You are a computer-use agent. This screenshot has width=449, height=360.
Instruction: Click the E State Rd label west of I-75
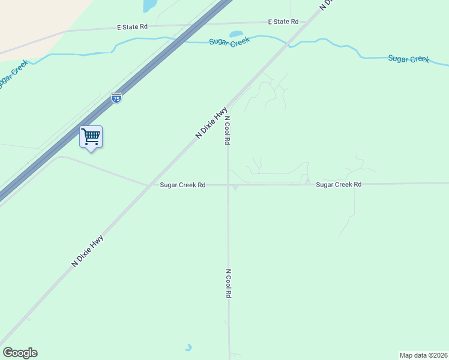click(x=132, y=27)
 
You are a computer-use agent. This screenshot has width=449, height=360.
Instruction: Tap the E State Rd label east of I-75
click(x=283, y=22)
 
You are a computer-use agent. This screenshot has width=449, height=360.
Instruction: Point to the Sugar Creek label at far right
click(x=408, y=59)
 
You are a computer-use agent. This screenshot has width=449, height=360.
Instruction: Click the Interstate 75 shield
click(x=116, y=98)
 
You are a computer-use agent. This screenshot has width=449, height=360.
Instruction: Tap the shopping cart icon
click(x=91, y=137)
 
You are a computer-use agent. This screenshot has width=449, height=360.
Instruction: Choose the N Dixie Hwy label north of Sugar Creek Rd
click(x=211, y=123)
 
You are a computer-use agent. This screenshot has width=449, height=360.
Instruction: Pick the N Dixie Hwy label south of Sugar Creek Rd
click(x=88, y=251)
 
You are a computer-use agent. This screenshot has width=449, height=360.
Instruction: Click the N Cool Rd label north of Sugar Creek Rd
click(x=228, y=130)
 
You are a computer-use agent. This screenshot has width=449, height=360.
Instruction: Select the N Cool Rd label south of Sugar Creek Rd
click(x=228, y=284)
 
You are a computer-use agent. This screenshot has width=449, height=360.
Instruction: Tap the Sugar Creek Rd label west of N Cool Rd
click(x=182, y=185)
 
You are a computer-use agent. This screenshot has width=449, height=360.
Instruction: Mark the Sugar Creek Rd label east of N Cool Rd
click(x=339, y=184)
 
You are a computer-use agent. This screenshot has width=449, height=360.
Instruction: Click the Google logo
click(x=20, y=353)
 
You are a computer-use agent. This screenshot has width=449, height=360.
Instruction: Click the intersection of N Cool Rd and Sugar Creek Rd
click(x=228, y=185)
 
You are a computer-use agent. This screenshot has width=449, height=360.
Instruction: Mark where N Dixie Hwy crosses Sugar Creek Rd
click(x=148, y=185)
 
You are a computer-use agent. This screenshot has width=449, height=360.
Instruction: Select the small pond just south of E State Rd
click(x=236, y=34)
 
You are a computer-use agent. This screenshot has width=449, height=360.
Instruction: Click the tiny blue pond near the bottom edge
click(x=188, y=347)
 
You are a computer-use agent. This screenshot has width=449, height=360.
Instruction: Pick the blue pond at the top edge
click(x=149, y=5)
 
